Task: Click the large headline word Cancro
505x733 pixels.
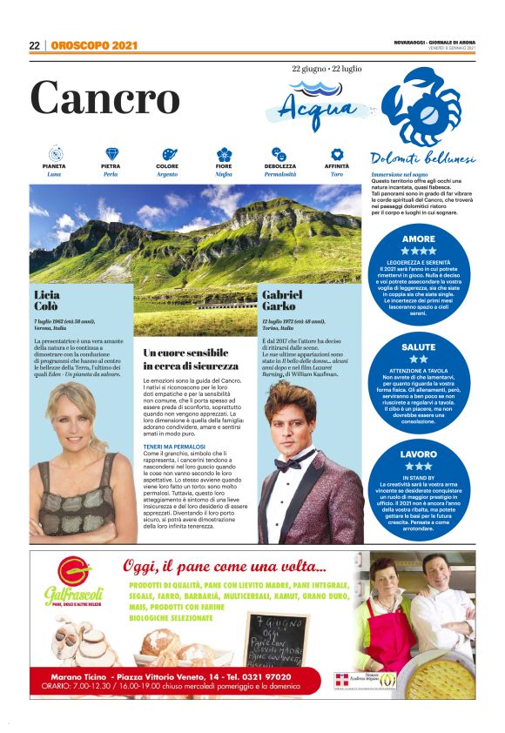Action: (x=104, y=98)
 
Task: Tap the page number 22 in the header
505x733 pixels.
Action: (x=35, y=46)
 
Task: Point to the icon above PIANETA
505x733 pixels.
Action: (x=54, y=154)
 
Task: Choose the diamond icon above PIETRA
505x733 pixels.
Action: (x=111, y=154)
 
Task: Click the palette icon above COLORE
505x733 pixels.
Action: (x=168, y=154)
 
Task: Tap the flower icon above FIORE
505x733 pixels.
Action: (x=224, y=154)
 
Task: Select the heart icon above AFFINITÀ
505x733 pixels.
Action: (x=336, y=154)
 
